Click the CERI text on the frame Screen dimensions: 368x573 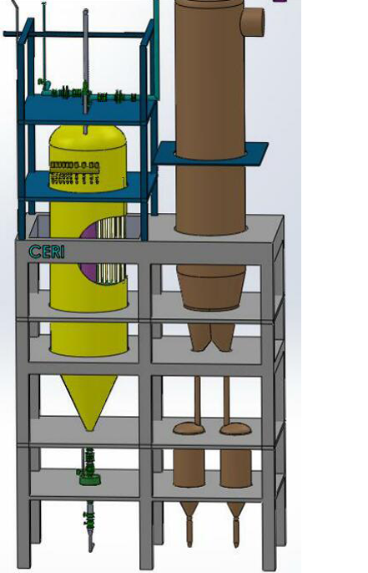point(47,251)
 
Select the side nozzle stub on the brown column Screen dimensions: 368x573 point(253,22)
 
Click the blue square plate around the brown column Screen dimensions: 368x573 point(211,153)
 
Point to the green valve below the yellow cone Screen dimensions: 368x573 point(88,468)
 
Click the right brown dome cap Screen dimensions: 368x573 point(236,428)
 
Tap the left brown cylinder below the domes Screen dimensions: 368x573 point(189,469)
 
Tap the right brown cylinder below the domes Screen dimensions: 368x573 point(236,469)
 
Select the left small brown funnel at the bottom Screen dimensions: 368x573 point(189,524)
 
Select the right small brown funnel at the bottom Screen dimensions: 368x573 point(236,524)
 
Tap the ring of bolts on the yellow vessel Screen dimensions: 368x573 point(75,172)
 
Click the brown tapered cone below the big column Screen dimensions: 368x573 point(211,287)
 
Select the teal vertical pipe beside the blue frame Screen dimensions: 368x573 point(157,50)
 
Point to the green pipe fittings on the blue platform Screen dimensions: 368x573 point(88,94)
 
